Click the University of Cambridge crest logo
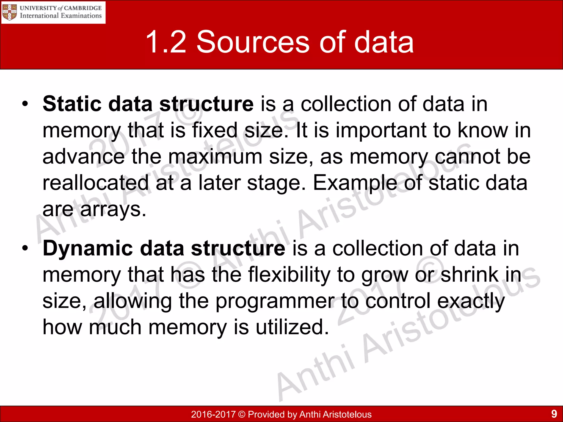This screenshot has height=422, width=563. click(9, 12)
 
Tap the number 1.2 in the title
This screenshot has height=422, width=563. click(166, 42)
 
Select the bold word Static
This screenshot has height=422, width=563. click(72, 104)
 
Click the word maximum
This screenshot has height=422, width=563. click(215, 157)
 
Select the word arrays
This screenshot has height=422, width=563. click(113, 209)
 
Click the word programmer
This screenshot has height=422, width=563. click(275, 301)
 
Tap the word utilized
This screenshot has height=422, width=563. click(292, 327)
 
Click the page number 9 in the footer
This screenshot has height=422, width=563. click(554, 413)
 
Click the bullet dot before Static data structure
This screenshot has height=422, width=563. click(25, 104)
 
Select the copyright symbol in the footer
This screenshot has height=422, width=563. click(242, 414)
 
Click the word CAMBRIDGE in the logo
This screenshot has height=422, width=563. click(83, 8)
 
